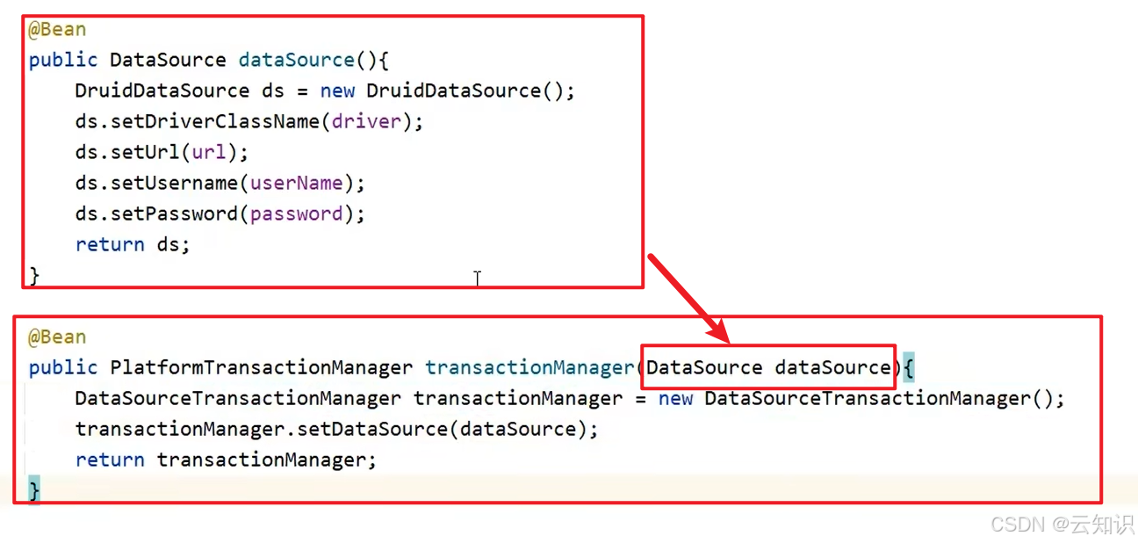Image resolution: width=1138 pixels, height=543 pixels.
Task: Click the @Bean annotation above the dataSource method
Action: (57, 29)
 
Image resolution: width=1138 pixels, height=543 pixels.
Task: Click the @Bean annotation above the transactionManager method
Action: (57, 337)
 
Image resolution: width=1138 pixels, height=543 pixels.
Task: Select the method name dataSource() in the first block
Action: (297, 60)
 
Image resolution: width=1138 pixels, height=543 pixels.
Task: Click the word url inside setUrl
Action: (209, 152)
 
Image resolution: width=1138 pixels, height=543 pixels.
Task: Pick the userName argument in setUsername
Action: (296, 183)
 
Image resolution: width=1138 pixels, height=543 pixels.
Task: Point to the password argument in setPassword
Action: (296, 214)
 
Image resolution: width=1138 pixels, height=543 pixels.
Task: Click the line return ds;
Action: (132, 244)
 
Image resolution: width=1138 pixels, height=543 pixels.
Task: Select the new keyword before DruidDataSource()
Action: (337, 90)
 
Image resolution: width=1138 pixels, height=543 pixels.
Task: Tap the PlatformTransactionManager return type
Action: (261, 367)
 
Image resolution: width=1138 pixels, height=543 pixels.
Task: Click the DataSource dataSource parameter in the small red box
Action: (768, 367)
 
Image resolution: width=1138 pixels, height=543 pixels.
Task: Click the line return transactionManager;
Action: (226, 460)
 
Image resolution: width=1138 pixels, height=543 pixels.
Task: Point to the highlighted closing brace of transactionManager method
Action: (34, 489)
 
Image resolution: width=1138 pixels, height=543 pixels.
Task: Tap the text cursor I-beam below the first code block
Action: (477, 278)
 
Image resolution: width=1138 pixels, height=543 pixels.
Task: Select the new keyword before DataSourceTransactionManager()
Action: (675, 398)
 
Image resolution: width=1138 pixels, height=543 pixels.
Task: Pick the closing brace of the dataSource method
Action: (34, 275)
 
